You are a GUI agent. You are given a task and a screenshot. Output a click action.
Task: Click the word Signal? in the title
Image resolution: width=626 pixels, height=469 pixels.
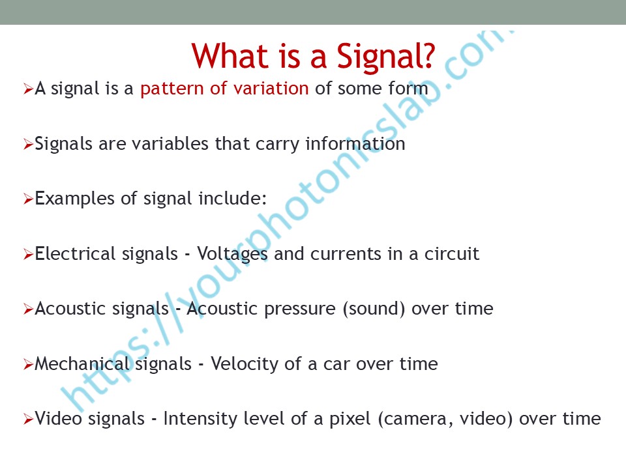(x=385, y=57)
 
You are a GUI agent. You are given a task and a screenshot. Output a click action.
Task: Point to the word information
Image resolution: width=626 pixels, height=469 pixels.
(x=355, y=143)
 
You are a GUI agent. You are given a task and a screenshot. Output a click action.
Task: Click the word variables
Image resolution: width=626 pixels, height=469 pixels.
(x=170, y=143)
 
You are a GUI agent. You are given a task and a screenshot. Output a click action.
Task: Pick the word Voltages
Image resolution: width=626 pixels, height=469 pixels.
(x=232, y=255)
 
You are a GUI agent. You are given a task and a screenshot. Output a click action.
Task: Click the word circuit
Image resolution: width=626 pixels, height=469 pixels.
(x=451, y=253)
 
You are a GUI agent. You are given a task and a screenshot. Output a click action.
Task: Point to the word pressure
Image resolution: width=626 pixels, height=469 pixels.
(x=300, y=309)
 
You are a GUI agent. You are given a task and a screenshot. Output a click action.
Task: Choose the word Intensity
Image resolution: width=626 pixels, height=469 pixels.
(x=200, y=419)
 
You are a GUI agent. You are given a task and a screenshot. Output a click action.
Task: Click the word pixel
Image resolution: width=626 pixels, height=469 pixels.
(x=350, y=419)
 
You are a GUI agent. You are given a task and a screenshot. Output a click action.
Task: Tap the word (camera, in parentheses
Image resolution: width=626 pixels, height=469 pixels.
(x=415, y=419)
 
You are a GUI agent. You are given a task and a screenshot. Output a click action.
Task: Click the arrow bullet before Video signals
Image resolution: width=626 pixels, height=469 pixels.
(x=28, y=419)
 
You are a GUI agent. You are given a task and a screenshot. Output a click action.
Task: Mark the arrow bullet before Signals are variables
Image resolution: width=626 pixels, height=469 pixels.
(x=28, y=144)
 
